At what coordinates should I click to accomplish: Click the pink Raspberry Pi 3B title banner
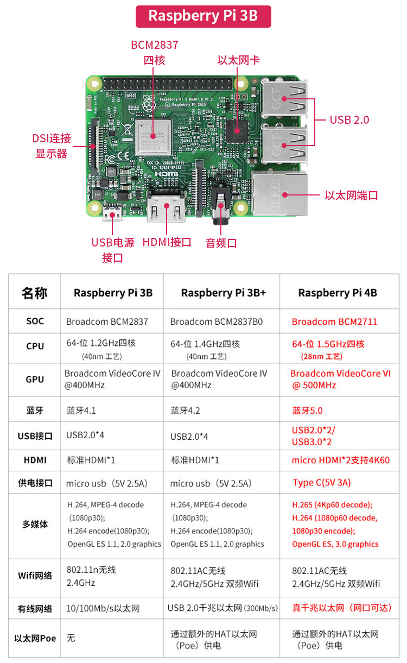[203, 16]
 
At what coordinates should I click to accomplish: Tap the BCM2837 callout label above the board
[154, 45]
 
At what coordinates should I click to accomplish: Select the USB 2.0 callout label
[349, 119]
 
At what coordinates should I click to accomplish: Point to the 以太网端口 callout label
[351, 195]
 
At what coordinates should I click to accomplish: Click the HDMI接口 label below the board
[167, 242]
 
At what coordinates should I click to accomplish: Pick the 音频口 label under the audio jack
[221, 243]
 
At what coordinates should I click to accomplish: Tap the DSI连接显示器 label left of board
[52, 146]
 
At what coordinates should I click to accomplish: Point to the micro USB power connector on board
[112, 212]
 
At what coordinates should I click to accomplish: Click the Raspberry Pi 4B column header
[338, 293]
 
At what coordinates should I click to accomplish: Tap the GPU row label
[35, 380]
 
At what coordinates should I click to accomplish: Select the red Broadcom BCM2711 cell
[334, 321]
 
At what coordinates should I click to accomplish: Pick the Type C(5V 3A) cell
[321, 483]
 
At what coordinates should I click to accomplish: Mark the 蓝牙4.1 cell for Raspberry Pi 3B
[81, 411]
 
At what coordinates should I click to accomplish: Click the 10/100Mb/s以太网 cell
[103, 609]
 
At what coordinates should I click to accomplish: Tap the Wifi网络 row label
[35, 576]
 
